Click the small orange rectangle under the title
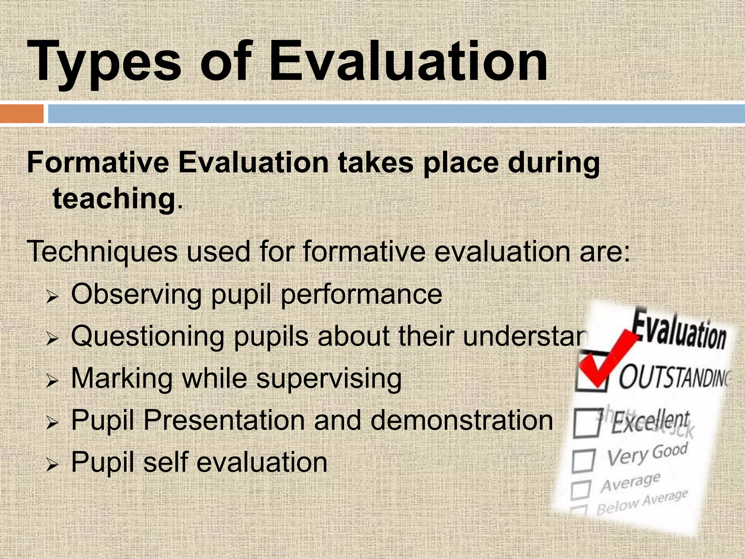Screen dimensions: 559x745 [x=22, y=114]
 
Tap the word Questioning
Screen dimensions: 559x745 [x=147, y=336]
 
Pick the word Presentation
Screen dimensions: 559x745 [x=224, y=420]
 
